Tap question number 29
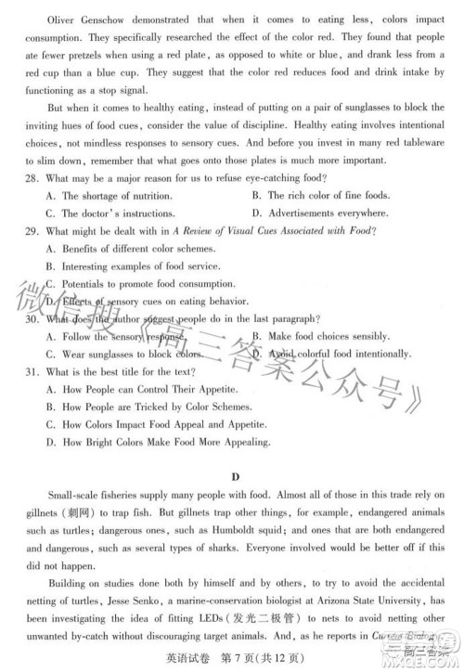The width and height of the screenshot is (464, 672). [x=33, y=231]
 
